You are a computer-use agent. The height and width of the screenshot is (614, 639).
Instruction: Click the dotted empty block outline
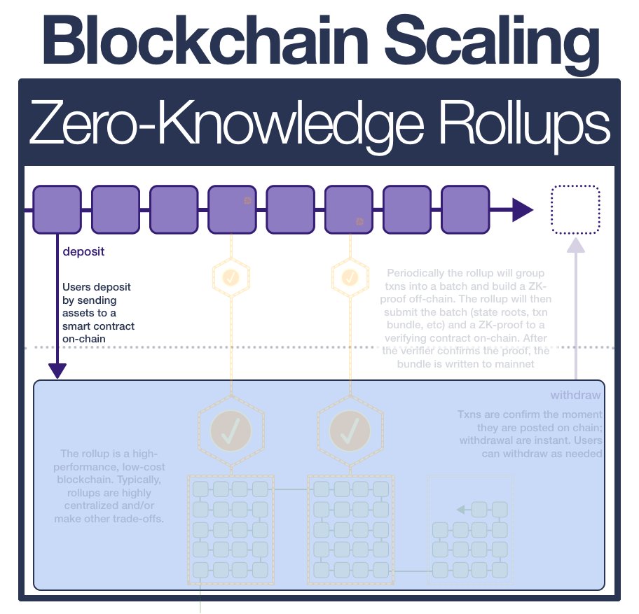[575, 209]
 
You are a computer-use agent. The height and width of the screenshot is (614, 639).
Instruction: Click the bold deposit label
[83, 252]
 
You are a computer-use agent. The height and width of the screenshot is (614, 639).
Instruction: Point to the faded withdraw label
[576, 395]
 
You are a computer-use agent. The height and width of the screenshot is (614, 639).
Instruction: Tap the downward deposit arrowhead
[57, 371]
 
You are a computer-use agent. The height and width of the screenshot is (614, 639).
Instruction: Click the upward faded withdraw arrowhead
[576, 245]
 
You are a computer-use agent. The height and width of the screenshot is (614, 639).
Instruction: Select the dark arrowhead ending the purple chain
[522, 209]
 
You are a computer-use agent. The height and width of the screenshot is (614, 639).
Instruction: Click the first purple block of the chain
[57, 209]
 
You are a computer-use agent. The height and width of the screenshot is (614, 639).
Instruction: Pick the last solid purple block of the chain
[465, 209]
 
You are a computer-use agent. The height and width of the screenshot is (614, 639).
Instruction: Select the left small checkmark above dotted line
[231, 277]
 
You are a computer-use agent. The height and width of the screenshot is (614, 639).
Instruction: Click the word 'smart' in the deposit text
[77, 326]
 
